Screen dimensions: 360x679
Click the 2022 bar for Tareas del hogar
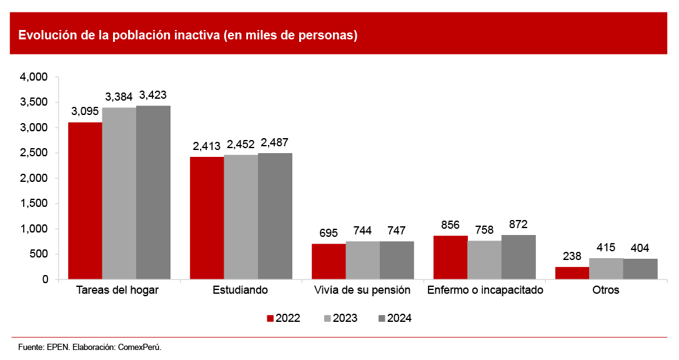click(85, 201)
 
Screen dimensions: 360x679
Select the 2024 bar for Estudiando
click(275, 216)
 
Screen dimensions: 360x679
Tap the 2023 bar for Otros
click(606, 269)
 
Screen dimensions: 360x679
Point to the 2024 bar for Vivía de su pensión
click(397, 260)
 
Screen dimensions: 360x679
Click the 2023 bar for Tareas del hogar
click(119, 194)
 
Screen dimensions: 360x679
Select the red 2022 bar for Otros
click(572, 273)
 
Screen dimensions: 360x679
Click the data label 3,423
click(153, 96)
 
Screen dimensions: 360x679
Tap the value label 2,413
click(207, 147)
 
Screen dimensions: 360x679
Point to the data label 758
click(484, 231)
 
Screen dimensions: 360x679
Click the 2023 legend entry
click(340, 318)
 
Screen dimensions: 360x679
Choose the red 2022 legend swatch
click(270, 318)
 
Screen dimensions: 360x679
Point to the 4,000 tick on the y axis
click(34, 77)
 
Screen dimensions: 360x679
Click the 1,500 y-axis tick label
click(34, 204)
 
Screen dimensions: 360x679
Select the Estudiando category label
click(240, 290)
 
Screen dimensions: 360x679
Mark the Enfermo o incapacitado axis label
click(485, 290)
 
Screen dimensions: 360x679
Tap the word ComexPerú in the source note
click(139, 346)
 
